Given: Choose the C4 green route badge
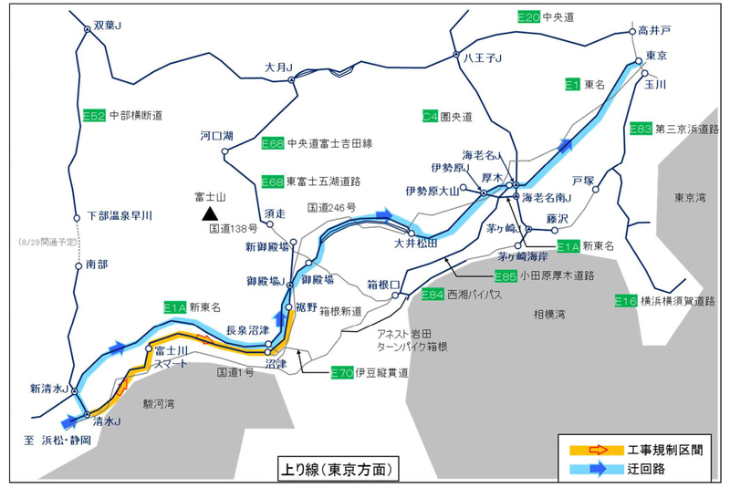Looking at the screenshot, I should [431, 117].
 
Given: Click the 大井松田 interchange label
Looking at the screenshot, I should [416, 244].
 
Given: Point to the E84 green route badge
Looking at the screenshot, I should [433, 295].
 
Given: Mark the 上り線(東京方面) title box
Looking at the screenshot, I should [338, 469].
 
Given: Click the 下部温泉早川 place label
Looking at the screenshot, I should [119, 215].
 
